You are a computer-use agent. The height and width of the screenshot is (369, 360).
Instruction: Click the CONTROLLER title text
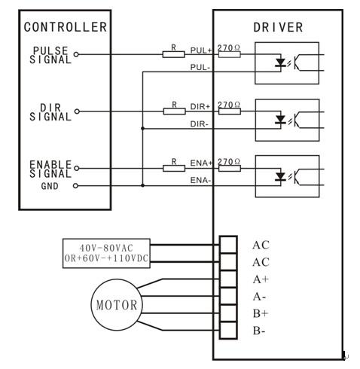66,27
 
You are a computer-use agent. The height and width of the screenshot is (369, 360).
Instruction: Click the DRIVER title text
278,27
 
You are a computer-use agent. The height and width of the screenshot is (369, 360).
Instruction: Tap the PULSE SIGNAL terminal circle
76,54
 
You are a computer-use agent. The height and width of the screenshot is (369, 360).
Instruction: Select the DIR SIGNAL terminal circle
77,111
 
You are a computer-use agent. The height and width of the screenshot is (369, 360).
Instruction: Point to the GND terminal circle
75,186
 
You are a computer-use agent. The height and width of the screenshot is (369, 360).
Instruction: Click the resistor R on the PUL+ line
173,54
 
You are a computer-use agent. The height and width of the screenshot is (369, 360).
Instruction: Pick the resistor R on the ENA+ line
174,168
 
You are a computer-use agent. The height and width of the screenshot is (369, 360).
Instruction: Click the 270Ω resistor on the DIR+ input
230,111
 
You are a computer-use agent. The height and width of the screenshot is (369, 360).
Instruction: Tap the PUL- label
200,67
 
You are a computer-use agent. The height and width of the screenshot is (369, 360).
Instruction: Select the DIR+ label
200,106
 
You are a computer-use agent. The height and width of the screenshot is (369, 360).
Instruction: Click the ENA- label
200,180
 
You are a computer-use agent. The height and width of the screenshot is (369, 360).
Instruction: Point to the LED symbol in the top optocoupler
280,63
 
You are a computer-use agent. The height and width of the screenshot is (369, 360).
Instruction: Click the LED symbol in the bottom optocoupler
280,176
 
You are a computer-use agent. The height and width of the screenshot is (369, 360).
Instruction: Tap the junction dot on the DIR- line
142,129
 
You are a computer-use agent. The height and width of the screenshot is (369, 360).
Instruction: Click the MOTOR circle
117,304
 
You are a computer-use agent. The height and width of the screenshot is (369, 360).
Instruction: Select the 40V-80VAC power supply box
106,253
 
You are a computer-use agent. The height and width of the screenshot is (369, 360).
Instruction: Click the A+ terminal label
261,279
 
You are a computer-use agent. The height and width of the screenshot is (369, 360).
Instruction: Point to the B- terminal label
259,331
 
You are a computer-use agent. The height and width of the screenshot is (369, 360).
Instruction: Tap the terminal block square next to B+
228,313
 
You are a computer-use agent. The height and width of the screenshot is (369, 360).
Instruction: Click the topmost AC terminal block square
228,245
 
